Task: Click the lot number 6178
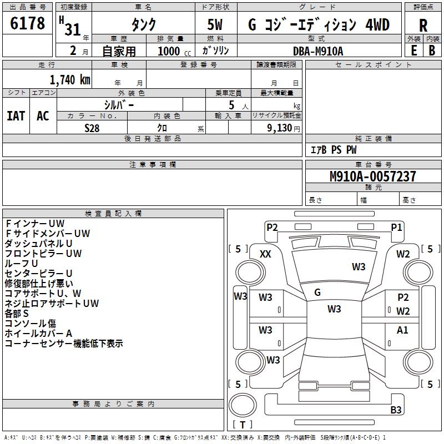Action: [x=28, y=24]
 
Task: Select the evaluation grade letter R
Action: [x=423, y=25]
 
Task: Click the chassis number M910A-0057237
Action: [x=372, y=176]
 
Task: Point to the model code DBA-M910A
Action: [x=318, y=51]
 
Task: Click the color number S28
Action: [x=92, y=128]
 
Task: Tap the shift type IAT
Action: [x=16, y=116]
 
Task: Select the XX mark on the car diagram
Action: [x=265, y=254]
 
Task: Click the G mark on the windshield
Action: [x=317, y=292]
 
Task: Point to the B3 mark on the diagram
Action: [x=396, y=410]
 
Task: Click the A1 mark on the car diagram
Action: [x=402, y=330]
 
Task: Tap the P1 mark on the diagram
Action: [x=396, y=226]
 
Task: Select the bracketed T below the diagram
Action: [x=243, y=425]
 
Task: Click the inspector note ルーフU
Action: [x=22, y=263]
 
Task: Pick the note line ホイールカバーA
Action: [x=38, y=333]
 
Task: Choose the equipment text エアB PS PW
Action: [x=333, y=150]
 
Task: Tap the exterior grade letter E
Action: [x=413, y=50]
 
